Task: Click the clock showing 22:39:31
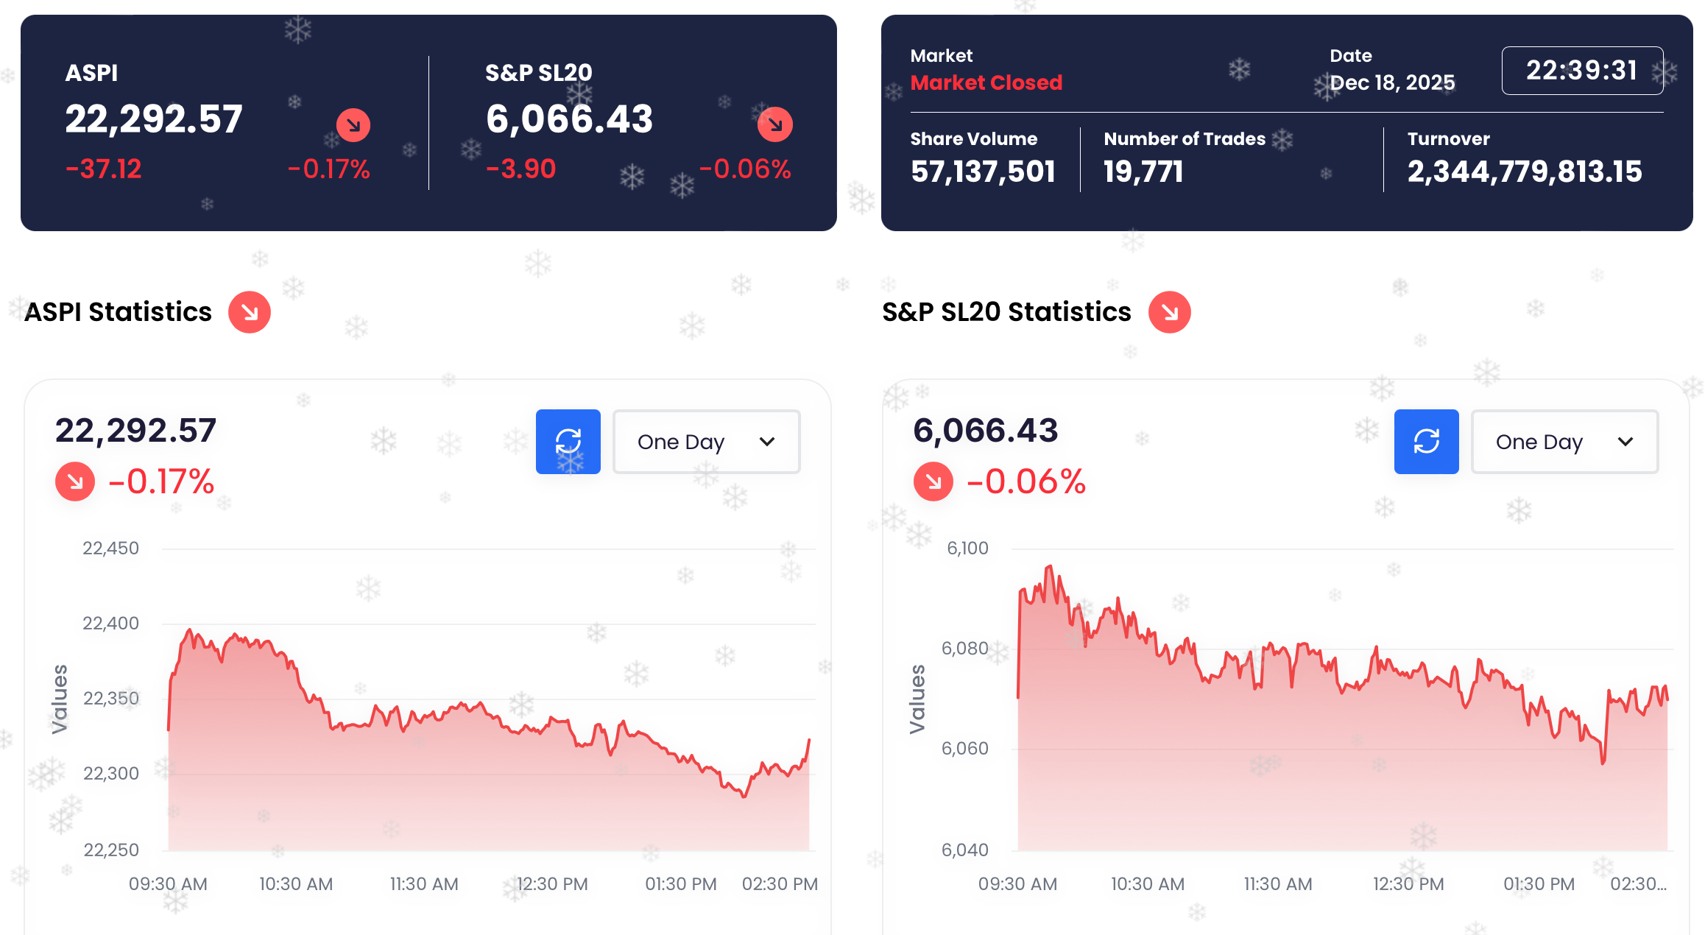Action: point(1581,71)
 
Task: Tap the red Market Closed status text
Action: point(986,82)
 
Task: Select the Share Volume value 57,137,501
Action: point(983,172)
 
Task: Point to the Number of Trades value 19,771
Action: point(1143,172)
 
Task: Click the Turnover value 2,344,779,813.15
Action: point(1524,172)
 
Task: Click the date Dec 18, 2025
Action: point(1392,82)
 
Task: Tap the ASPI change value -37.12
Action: point(104,169)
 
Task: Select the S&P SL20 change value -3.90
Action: point(521,169)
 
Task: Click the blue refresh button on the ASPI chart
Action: point(568,442)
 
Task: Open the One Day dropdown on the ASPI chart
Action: point(706,442)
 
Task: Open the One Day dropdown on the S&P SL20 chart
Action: point(1564,442)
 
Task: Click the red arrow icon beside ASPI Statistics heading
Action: point(250,312)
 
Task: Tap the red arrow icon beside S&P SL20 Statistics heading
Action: point(1169,312)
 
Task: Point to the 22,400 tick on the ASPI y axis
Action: point(110,624)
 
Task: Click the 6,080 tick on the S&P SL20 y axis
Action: point(964,649)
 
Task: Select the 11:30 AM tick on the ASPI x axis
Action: point(424,884)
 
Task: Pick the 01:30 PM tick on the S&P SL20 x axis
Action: point(1539,884)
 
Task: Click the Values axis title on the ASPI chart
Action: point(60,699)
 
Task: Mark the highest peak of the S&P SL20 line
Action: point(1050,566)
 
